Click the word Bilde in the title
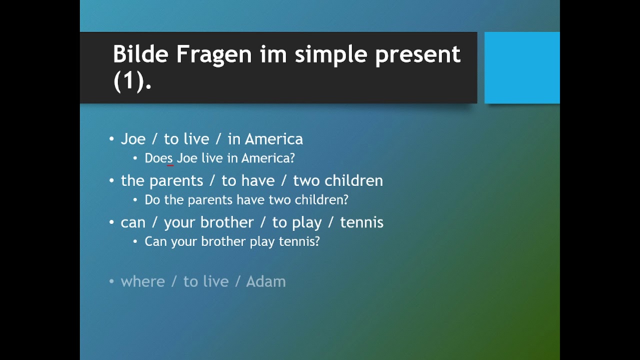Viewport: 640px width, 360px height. [x=140, y=53]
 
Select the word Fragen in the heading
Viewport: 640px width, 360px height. [x=214, y=54]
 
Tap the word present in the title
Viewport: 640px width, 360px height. [x=417, y=55]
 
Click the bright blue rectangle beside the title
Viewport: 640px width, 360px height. [x=522, y=67]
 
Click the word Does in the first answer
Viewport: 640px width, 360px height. [x=158, y=158]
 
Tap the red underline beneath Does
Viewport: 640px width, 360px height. [x=170, y=165]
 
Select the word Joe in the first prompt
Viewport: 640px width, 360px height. [x=133, y=139]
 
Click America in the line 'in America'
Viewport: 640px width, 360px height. [x=273, y=139]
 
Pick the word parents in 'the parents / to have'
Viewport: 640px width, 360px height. [x=176, y=181]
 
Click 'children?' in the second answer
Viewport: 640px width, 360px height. [x=321, y=199]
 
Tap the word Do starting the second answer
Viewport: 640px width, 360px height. [x=152, y=199]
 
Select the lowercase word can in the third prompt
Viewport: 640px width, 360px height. [x=133, y=223]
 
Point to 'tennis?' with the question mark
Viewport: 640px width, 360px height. [x=299, y=241]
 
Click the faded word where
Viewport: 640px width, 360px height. [x=143, y=281]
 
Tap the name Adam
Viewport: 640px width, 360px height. [x=265, y=281]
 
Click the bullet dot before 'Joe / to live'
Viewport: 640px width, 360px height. [x=111, y=139]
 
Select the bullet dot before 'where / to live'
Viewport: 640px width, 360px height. [x=111, y=281]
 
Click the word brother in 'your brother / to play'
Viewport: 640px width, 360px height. [x=227, y=222]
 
